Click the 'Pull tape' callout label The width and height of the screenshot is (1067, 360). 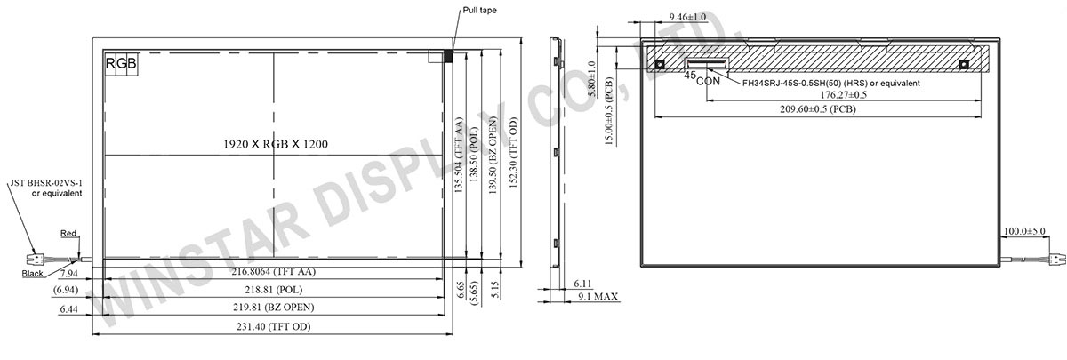click(x=479, y=10)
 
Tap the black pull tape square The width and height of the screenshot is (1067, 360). click(x=448, y=56)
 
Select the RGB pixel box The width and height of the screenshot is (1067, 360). click(x=122, y=63)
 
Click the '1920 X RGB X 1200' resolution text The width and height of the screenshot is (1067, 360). click(x=276, y=144)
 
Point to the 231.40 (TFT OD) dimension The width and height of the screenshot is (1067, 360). click(x=274, y=327)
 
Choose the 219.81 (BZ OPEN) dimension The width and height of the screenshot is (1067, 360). click(x=274, y=308)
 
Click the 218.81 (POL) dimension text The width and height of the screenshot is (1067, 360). click(x=274, y=290)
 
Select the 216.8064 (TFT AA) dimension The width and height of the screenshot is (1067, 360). click(x=274, y=271)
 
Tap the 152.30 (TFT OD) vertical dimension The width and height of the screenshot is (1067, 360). click(x=513, y=152)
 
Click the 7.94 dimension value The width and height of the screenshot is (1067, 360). click(x=69, y=274)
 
